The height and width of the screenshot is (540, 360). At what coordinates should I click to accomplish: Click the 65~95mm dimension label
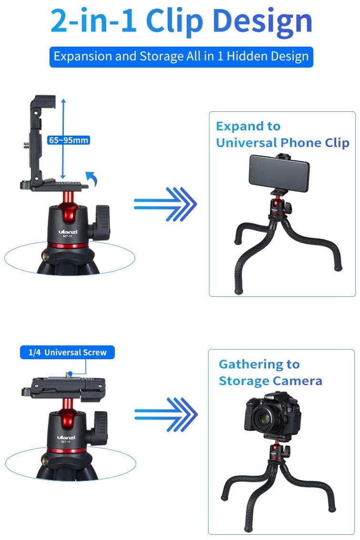[x=69, y=140]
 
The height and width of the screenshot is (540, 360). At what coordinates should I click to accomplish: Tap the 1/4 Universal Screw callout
[x=67, y=353]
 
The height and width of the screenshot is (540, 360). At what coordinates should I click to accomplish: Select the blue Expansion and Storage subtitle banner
[x=181, y=57]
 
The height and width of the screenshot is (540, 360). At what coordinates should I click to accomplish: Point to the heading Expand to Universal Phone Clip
[x=282, y=135]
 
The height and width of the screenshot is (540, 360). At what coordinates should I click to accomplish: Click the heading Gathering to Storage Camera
[x=270, y=373]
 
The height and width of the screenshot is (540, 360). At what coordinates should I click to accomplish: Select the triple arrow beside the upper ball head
[x=165, y=204]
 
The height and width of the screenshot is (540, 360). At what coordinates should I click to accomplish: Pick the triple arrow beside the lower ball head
[x=165, y=413]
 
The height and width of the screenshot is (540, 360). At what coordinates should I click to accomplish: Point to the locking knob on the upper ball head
[x=101, y=217]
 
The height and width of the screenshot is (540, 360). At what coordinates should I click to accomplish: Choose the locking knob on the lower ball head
[x=101, y=424]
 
